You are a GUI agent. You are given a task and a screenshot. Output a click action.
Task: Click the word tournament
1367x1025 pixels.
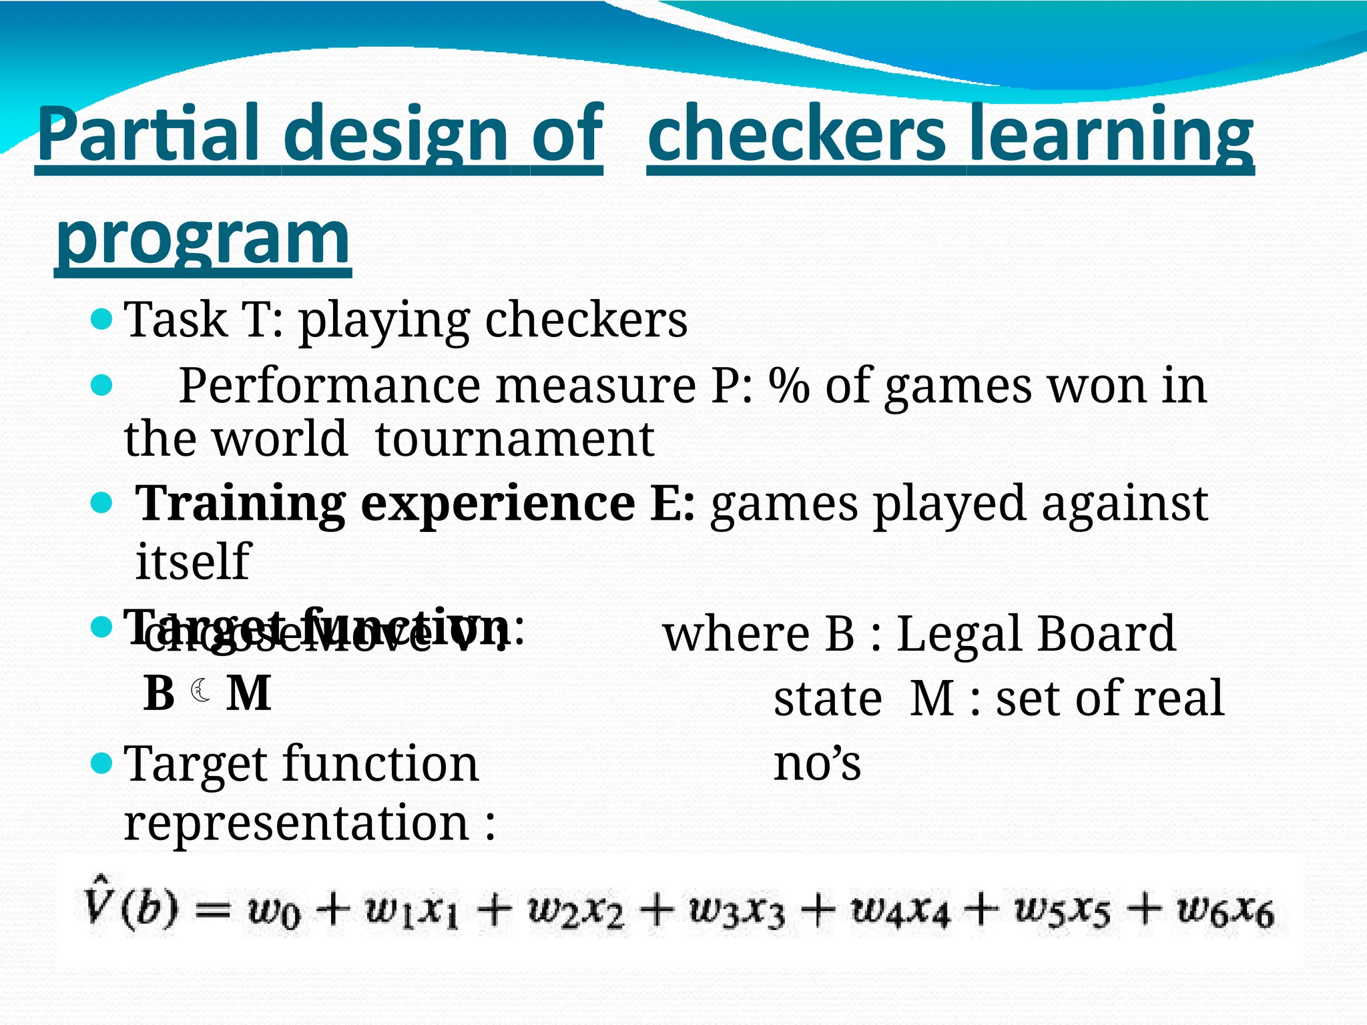[x=514, y=440]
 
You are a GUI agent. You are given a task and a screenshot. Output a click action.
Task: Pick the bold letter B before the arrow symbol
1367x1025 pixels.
[x=159, y=693]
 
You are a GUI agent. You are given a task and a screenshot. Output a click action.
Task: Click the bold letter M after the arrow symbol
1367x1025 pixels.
[x=249, y=693]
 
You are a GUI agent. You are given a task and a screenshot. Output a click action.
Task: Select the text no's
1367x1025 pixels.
[x=817, y=763]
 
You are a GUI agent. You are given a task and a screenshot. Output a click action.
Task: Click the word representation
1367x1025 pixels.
[x=296, y=822]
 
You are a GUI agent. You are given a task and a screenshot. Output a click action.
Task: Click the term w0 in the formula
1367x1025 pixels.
[x=274, y=912]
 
